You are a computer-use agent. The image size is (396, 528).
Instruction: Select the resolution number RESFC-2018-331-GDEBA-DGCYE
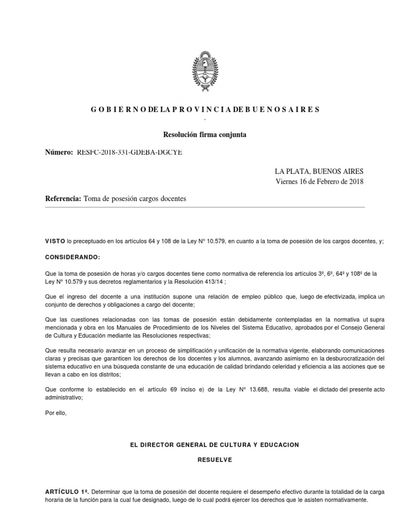(x=129, y=152)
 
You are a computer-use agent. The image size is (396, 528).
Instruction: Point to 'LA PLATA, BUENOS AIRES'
(x=319, y=171)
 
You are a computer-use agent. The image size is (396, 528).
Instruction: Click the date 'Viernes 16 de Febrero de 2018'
(x=320, y=181)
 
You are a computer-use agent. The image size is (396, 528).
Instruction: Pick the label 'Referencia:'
(x=63, y=199)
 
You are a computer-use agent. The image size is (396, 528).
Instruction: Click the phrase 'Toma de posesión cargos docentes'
(x=135, y=199)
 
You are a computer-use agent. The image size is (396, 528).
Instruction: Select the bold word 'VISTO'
(x=55, y=241)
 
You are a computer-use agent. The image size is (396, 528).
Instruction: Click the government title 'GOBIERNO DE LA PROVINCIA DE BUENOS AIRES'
(x=205, y=109)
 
